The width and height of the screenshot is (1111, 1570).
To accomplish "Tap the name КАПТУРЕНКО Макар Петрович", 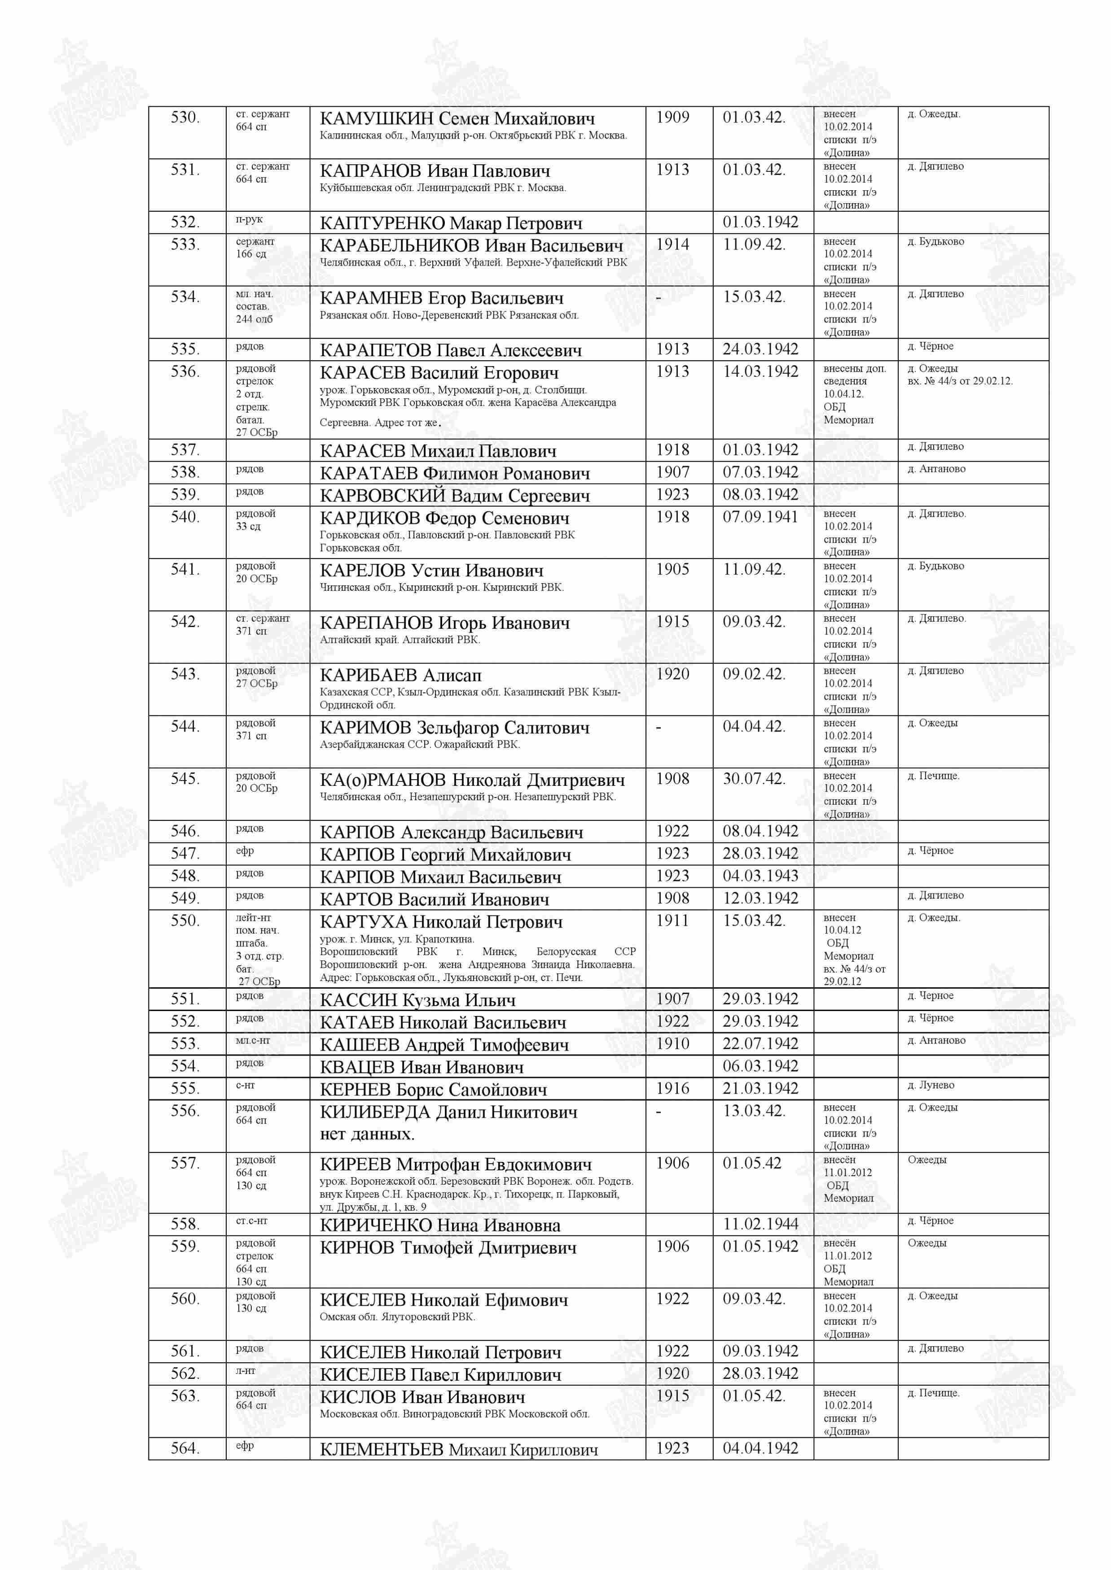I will click(451, 223).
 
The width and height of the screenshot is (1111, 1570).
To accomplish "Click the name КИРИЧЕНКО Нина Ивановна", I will click(440, 1225).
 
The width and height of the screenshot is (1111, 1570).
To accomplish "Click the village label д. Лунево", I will click(931, 1085).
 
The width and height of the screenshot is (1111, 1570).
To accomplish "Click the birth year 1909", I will click(672, 118).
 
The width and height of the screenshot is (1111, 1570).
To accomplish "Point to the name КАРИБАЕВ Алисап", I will click(400, 676).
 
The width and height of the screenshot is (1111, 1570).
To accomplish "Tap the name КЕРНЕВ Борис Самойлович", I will click(433, 1089).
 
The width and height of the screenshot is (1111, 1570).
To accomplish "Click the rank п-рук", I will click(249, 219).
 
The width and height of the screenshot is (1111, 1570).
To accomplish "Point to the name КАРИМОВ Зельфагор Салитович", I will click(454, 728).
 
